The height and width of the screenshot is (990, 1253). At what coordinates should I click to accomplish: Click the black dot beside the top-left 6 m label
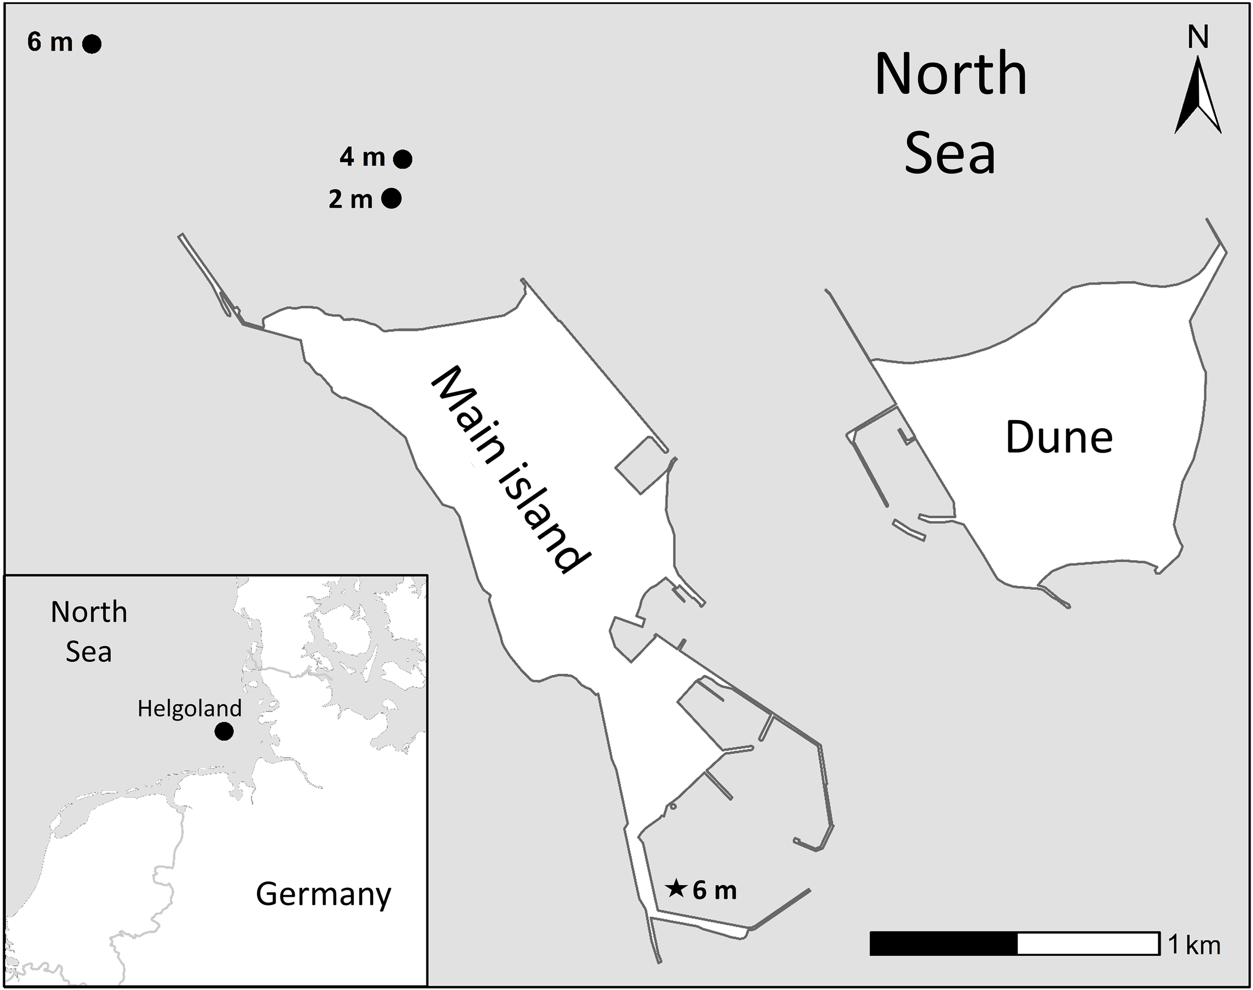(92, 44)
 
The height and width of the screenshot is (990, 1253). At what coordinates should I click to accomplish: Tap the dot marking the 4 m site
(403, 159)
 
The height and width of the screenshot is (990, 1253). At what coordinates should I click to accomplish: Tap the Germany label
(323, 894)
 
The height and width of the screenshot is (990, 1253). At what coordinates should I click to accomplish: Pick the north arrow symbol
(1198, 99)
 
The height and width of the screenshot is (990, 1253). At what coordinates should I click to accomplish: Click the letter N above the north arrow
(1198, 38)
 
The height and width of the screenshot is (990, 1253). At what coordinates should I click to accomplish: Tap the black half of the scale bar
(944, 943)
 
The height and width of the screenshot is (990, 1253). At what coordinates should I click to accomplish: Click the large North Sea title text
(950, 113)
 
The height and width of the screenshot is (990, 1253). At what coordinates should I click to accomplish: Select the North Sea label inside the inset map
(89, 632)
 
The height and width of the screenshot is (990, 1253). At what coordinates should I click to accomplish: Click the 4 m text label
(362, 157)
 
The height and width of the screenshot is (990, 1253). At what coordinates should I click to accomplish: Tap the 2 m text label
(350, 200)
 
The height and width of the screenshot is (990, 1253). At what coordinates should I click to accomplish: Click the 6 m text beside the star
(715, 890)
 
